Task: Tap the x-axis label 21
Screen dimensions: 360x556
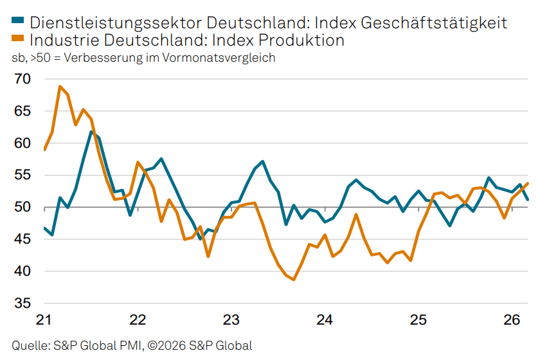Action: (44, 320)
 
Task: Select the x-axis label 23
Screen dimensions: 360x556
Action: (231, 320)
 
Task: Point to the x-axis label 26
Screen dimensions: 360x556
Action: (512, 320)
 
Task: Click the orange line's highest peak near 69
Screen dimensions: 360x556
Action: (60, 86)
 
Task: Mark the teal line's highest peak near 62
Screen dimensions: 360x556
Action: (91, 132)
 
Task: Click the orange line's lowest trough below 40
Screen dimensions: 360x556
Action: (294, 280)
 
